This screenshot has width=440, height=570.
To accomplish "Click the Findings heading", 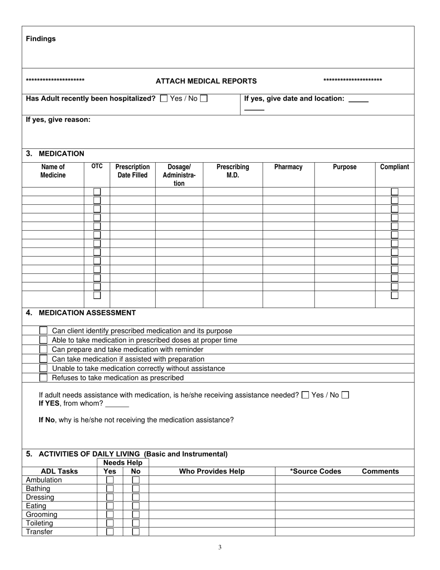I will [x=41, y=39].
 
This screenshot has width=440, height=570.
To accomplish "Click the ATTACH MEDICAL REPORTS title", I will [x=206, y=81].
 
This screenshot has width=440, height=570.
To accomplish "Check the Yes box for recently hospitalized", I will [x=163, y=98].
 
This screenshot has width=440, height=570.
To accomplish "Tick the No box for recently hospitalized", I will [x=204, y=98].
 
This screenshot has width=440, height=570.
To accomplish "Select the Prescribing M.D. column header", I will [x=233, y=171].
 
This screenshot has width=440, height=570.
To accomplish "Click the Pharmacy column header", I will [x=288, y=167].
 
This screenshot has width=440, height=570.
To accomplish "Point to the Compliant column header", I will [x=394, y=167].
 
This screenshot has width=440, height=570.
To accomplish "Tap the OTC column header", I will [x=97, y=166].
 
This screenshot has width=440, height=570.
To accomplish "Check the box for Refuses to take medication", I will [x=43, y=378].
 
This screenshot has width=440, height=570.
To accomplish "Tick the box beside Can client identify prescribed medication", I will [x=43, y=330].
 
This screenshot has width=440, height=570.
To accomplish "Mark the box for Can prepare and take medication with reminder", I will [x=43, y=349].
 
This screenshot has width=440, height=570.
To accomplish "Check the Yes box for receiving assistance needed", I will [x=305, y=395].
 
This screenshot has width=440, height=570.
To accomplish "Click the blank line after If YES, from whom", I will [x=117, y=404].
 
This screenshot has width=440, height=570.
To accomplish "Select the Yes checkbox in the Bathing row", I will [x=110, y=488].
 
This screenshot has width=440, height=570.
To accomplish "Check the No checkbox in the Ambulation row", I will [x=136, y=480].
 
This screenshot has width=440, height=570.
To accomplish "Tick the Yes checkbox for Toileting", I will [x=110, y=523].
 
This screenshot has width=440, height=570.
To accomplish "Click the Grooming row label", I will [x=42, y=514].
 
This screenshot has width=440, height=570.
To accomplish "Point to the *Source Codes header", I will [x=315, y=471].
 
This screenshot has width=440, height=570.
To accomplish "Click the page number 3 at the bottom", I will [x=220, y=547].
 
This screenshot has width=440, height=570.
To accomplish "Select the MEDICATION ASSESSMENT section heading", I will [x=87, y=313].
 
